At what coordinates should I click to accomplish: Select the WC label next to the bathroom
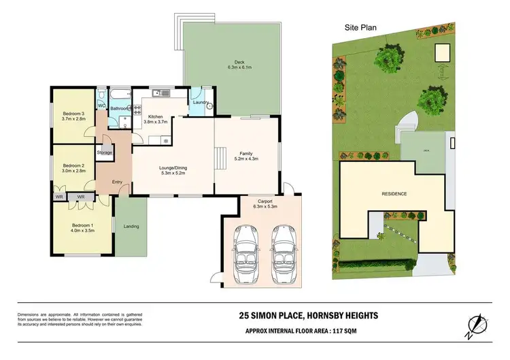(101, 106)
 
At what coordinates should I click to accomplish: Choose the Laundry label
(200, 102)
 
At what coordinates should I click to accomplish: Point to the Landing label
(131, 227)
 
